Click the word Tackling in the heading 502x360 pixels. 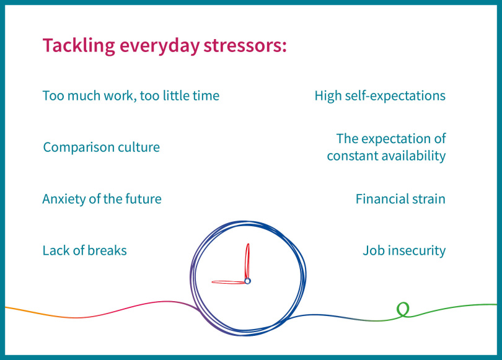pyautogui.click(x=79, y=45)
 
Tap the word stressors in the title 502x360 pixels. pyautogui.click(x=245, y=45)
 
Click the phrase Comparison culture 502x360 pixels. pyautogui.click(x=102, y=147)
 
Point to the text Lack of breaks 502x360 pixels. pyautogui.click(x=84, y=250)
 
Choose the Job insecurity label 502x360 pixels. pyautogui.click(x=404, y=250)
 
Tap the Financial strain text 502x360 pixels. pyautogui.click(x=400, y=199)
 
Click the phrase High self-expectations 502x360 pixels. pyautogui.click(x=380, y=96)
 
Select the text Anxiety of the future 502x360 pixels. pyautogui.click(x=102, y=199)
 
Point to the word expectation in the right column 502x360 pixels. pyautogui.click(x=396, y=139)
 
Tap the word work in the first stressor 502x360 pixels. pyautogui.click(x=118, y=95)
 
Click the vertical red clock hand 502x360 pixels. pyautogui.click(x=247, y=261)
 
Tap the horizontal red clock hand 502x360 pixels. pyautogui.click(x=228, y=282)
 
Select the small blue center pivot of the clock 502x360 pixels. pyautogui.click(x=247, y=281)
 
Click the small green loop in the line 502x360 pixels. pyautogui.click(x=403, y=309)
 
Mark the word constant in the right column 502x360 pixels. pyautogui.click(x=352, y=156)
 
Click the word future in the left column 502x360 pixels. pyautogui.click(x=143, y=199)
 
